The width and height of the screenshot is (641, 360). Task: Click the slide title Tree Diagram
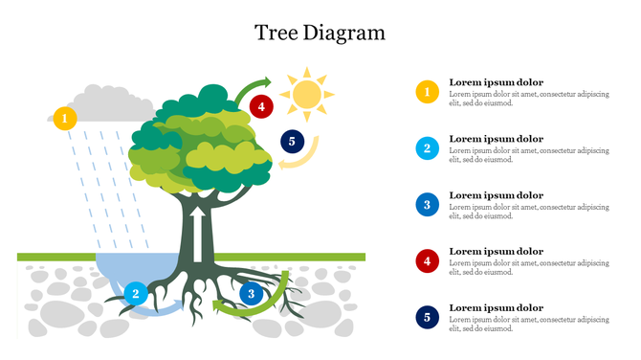pos(320,33)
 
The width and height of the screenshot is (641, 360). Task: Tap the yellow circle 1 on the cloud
pos(64,119)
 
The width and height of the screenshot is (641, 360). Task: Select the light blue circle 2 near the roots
pos(136,293)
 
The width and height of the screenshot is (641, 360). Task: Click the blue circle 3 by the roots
pos(252,294)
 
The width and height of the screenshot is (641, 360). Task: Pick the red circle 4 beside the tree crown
pos(261,106)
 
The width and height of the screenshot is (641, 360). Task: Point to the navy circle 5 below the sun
pos(292,143)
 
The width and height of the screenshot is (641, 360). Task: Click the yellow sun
pos(307,94)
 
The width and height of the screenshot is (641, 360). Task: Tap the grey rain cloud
pos(107,103)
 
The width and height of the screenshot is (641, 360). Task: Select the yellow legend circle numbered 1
pos(427,92)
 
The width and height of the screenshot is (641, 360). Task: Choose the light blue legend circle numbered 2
pos(427,148)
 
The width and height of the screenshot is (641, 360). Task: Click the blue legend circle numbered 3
pos(427,204)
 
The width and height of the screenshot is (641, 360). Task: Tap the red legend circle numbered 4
pos(427,260)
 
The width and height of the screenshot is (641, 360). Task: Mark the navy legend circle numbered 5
pos(427,317)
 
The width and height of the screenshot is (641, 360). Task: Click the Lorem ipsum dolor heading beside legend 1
pos(496,82)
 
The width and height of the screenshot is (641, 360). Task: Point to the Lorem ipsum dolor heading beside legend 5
pos(496,307)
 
